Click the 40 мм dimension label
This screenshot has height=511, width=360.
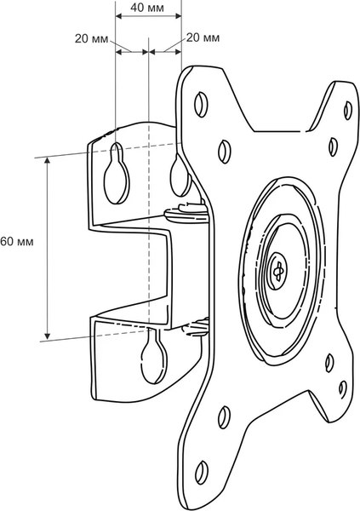tap(147, 6)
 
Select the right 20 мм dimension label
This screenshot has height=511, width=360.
tap(203, 38)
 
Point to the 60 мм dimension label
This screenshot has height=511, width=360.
tap(17, 242)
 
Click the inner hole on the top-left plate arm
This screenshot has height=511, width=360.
tap(223, 150)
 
